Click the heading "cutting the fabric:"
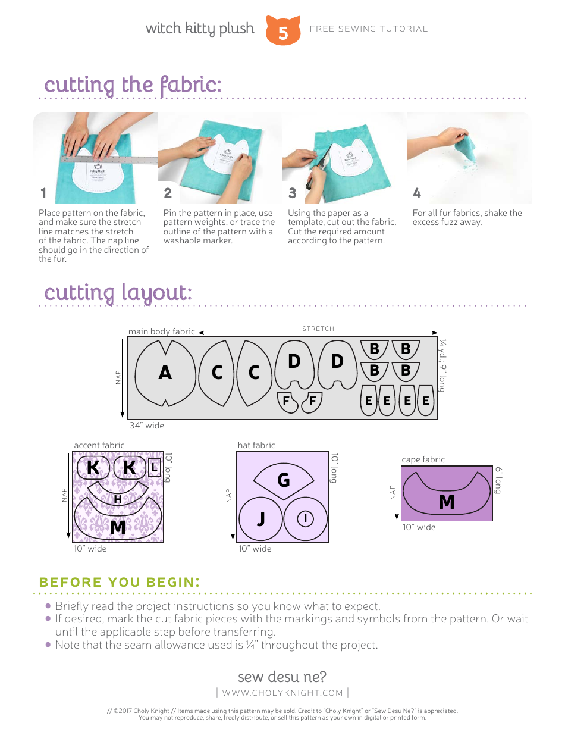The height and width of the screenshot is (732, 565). click(133, 85)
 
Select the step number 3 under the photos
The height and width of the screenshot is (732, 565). click(292, 193)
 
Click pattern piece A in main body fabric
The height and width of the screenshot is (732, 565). click(165, 373)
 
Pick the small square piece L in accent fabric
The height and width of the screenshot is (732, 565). click(154, 468)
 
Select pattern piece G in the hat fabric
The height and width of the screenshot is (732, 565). click(284, 480)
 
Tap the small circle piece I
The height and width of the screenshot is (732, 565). click(305, 518)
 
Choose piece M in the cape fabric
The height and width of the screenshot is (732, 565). click(447, 502)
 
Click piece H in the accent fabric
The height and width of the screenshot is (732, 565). click(118, 499)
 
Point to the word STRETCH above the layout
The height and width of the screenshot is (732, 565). click(318, 329)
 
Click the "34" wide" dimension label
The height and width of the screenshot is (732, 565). click(146, 426)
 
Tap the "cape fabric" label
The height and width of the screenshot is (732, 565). click(423, 459)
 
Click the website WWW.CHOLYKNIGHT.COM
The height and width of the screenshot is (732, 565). click(282, 693)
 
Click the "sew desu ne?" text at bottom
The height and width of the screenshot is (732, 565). click(282, 677)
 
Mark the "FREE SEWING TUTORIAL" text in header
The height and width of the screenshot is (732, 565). click(369, 29)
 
